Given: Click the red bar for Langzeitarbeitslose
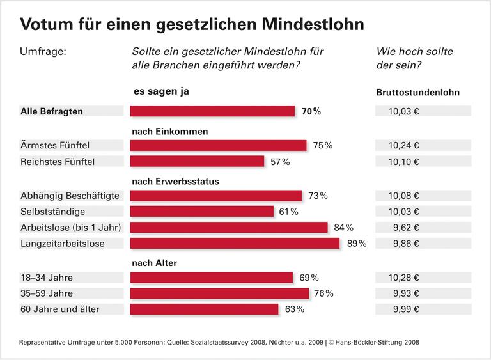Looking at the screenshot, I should tap(235, 243).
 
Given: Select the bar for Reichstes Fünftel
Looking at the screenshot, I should tap(197, 161).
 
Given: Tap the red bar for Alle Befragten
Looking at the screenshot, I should tap(212, 111).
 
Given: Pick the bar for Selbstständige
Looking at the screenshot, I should tap(202, 211).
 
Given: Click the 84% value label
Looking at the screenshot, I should tap(342, 227).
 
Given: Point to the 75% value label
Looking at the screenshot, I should tap(322, 145).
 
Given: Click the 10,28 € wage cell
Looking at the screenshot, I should tap(423, 278).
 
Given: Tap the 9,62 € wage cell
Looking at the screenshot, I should tap(423, 227).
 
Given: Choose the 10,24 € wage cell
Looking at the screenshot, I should tap(423, 145).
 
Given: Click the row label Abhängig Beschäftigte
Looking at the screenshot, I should tap(70, 195).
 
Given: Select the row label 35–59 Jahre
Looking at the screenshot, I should tap(47, 293).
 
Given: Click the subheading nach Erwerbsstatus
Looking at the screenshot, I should tap(175, 181).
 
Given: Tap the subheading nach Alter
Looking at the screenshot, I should tap(154, 262).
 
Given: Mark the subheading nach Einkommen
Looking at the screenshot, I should tap(170, 131).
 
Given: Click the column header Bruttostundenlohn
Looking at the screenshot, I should tap(417, 93).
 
